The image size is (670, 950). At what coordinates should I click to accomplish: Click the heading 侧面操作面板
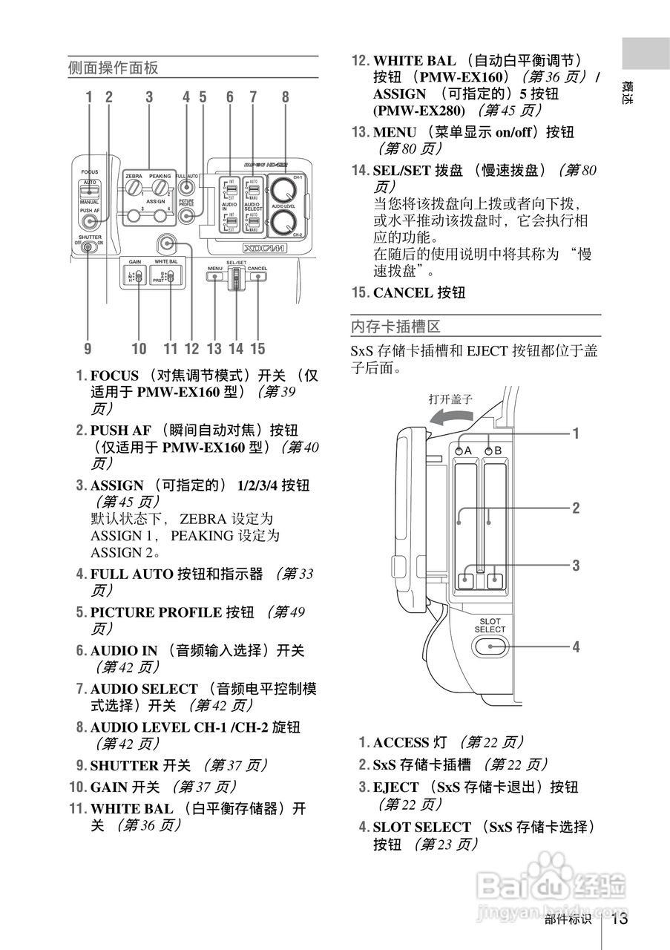[x=113, y=68]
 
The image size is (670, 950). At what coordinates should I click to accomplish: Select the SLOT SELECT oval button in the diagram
[x=490, y=646]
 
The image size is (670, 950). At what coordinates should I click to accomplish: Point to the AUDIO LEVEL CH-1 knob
[x=281, y=187]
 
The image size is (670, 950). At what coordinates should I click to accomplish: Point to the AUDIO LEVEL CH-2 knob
[x=281, y=220]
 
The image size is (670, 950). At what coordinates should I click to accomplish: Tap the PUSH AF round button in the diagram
[x=90, y=222]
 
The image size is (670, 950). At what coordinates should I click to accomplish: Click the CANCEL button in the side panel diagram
[x=257, y=276]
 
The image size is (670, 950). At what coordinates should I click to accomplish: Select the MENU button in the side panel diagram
[x=215, y=276]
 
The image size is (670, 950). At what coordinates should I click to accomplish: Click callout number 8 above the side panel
[x=285, y=96]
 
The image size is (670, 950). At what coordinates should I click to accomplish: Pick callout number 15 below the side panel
[x=257, y=348]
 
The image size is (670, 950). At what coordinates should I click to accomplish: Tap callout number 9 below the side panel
[x=88, y=348]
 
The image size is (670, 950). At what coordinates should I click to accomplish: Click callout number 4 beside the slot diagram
[x=576, y=646]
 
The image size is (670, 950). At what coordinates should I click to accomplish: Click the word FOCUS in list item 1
[x=114, y=376]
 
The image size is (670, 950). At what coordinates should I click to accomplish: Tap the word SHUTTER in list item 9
[x=124, y=765]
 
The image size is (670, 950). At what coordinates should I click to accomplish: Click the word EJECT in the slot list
[x=393, y=787]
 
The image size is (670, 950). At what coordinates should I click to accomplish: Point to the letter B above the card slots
[x=498, y=451]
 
